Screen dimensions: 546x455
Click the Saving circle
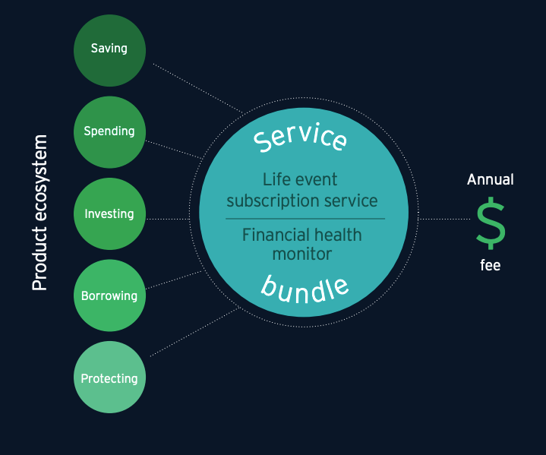click(109, 51)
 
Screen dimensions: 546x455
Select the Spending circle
click(109, 132)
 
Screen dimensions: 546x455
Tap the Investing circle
click(109, 214)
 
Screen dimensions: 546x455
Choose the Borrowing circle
click(109, 295)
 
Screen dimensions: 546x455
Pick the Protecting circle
click(109, 377)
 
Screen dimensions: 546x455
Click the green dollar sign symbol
click(491, 223)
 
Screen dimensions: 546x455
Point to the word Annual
click(491, 179)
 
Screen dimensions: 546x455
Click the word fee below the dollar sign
click(491, 265)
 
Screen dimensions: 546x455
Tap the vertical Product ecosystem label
click(39, 213)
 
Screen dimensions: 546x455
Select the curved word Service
click(300, 137)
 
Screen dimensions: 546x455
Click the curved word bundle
click(305, 290)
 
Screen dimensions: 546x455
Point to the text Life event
click(300, 179)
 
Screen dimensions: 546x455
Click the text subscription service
click(302, 201)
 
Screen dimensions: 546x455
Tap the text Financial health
click(302, 235)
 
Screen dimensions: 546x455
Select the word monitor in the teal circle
click(302, 254)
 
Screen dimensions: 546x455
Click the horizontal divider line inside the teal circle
click(305, 219)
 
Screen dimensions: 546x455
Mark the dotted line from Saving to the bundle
click(198, 88)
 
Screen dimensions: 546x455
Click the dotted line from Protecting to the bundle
click(194, 332)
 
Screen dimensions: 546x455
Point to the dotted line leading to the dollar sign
click(444, 219)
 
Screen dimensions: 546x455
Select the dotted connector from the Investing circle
click(168, 219)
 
